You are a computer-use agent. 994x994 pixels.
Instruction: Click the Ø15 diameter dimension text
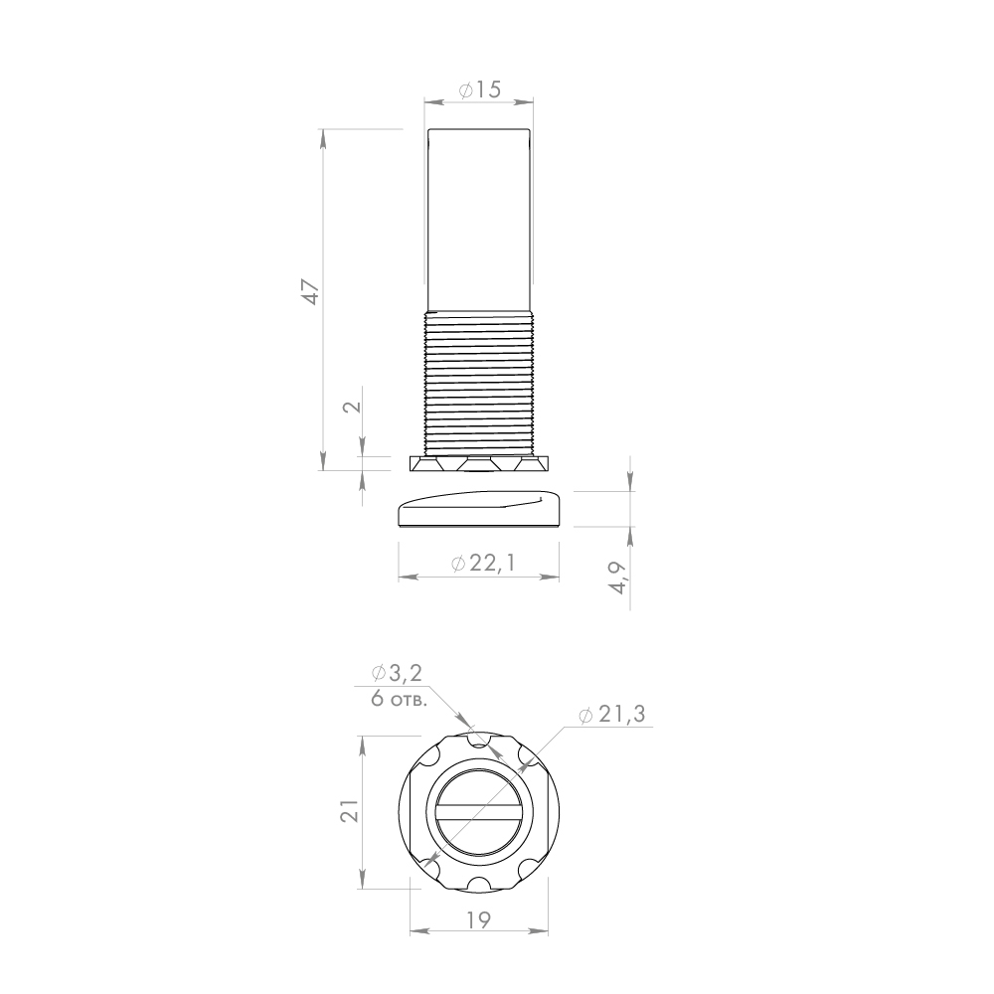coord(480,89)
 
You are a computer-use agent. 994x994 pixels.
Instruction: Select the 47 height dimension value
coord(311,291)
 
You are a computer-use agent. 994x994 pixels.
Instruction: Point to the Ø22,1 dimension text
coord(482,564)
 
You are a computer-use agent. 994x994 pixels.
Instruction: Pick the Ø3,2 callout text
coord(397,674)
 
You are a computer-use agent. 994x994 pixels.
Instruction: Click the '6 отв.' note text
coord(400,698)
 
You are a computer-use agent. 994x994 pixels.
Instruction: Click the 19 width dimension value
coord(478,920)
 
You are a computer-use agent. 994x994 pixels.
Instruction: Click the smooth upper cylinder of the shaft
coord(480,219)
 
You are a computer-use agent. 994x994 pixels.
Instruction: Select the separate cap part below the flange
coord(480,511)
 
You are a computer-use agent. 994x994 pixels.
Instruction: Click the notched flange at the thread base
coord(480,464)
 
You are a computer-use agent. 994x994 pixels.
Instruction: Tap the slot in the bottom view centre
coord(480,812)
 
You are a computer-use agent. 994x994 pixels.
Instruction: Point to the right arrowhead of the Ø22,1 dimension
coord(555,577)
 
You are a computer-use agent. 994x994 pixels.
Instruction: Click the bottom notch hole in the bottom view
coord(479,885)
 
